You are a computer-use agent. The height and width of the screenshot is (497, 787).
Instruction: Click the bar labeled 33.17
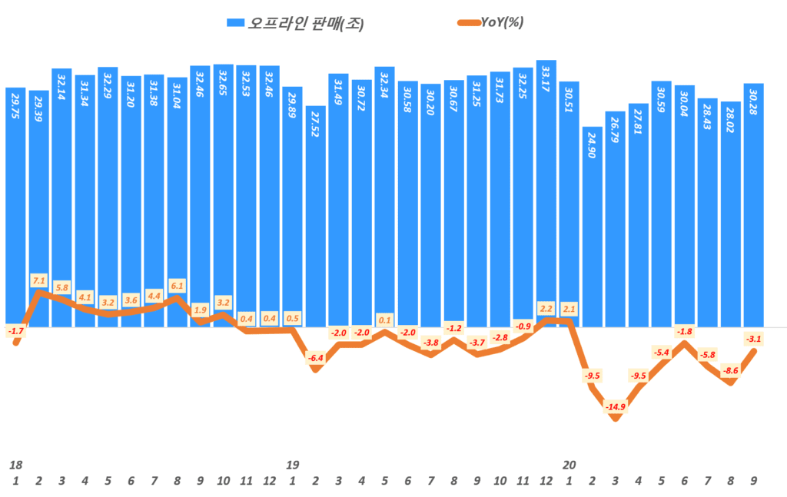coord(546,192)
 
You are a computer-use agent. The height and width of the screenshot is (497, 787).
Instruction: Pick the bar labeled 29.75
coord(15,207)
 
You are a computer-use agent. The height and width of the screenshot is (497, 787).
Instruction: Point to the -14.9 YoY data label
coord(615,406)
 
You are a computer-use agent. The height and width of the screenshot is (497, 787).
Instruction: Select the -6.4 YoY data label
coord(315,358)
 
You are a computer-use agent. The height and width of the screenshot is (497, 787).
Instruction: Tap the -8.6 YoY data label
coord(731,371)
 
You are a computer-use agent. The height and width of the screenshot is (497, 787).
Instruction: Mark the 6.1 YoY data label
coord(178,286)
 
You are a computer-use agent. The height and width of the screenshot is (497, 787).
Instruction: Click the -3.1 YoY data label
coord(754,339)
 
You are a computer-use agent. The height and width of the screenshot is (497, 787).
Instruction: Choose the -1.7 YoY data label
coord(15,331)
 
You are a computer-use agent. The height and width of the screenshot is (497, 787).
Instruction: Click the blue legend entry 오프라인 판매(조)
coord(295,23)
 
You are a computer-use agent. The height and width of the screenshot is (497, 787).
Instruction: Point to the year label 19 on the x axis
coord(292,466)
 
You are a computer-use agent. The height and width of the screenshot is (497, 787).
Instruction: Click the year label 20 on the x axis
coord(569,466)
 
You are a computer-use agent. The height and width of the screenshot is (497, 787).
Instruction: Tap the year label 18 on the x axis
coord(15,466)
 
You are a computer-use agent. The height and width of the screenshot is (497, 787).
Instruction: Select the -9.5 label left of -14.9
coord(593,376)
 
